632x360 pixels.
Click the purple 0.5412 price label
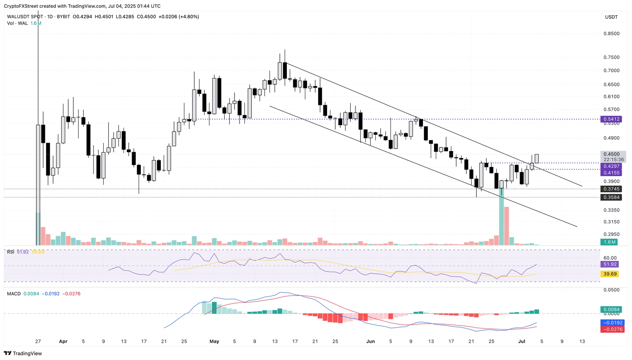tap(611, 119)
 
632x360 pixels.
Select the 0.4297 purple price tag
tap(611, 166)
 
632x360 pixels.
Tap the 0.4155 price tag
tap(611, 173)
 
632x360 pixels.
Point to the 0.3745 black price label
tap(611, 189)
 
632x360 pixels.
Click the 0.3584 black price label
tap(611, 197)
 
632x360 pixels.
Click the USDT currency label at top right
tap(611, 17)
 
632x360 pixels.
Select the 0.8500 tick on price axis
tap(611, 34)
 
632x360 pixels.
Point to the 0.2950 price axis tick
tap(611, 234)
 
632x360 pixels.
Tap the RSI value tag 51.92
tap(610, 265)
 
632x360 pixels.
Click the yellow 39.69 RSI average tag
tap(610, 274)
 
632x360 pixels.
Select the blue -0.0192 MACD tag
tap(613, 323)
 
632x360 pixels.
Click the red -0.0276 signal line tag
tap(613, 330)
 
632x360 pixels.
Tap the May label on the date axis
tap(214, 341)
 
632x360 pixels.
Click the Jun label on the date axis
tap(370, 341)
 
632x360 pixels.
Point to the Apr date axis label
tap(63, 341)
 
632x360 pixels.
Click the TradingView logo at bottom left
tap(23, 353)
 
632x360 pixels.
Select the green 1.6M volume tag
tap(610, 242)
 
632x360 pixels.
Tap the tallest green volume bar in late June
tap(501, 218)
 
